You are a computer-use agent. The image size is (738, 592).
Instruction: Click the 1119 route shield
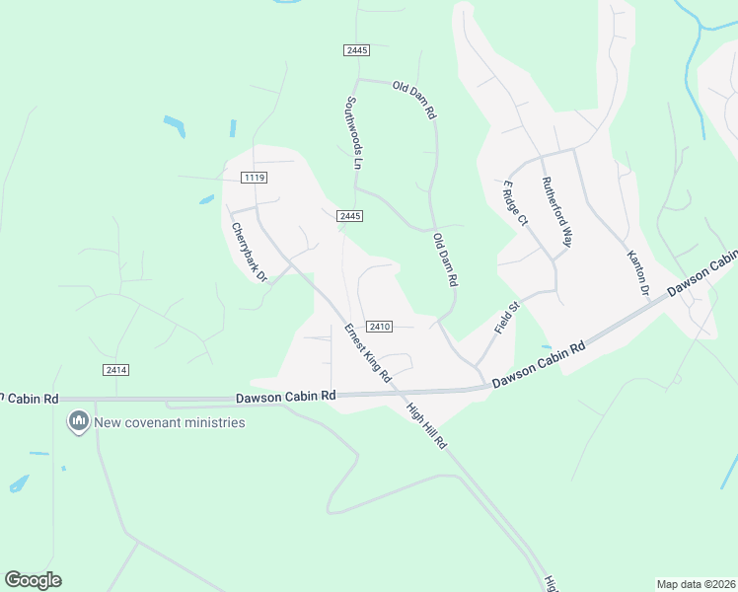click(x=254, y=178)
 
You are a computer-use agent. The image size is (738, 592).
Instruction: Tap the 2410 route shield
click(x=380, y=327)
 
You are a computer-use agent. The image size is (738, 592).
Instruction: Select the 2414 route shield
click(x=115, y=370)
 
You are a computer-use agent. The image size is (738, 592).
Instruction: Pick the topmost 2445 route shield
click(x=357, y=50)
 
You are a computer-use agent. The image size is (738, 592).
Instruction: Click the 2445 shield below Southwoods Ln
click(x=349, y=216)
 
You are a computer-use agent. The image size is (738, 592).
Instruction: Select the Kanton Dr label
click(x=637, y=272)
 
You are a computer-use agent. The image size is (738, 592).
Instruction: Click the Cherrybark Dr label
click(x=250, y=252)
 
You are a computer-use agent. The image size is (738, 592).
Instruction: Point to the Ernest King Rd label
click(x=368, y=353)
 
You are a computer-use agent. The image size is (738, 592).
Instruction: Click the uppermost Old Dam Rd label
click(x=414, y=100)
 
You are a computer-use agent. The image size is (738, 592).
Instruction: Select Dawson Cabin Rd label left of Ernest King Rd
click(x=286, y=397)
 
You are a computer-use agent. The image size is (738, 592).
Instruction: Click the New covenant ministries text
click(x=169, y=422)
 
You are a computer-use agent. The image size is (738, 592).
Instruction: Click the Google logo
click(x=33, y=580)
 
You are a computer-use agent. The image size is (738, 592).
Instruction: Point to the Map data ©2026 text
click(x=696, y=584)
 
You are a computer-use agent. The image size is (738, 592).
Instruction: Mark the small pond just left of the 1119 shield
click(x=206, y=199)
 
